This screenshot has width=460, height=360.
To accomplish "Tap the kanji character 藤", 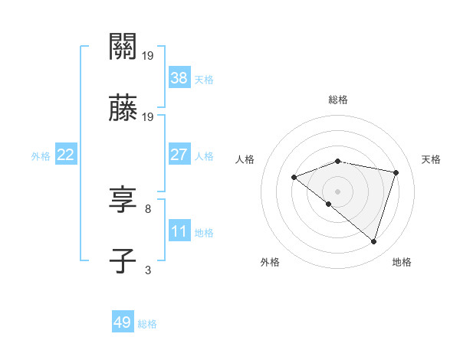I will tap(123, 109).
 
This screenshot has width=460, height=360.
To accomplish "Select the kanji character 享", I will tap(123, 201).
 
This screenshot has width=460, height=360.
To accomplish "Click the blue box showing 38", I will tap(179, 77).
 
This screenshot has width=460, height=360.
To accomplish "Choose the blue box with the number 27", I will tap(179, 155).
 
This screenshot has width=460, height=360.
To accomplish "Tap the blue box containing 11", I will tap(179, 231).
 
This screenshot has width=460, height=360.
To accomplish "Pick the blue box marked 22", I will tap(66, 155).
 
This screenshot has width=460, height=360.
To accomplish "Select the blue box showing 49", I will tap(123, 322).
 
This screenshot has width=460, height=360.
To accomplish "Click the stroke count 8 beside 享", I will tap(148, 208).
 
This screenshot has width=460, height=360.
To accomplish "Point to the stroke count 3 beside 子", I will tap(148, 270).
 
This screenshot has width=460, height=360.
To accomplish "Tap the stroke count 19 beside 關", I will tap(148, 55).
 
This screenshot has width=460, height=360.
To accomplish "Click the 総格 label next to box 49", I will tap(148, 324).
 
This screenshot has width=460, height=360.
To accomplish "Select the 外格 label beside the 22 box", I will tap(41, 155).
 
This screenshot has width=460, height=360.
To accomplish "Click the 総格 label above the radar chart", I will tap(338, 100).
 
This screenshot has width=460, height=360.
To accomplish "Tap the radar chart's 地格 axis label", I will tap(402, 262).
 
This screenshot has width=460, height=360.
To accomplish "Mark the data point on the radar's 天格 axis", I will tap(396, 172).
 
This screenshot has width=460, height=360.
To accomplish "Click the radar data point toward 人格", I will tap(294, 178).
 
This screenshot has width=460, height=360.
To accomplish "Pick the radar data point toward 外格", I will tap(329, 205).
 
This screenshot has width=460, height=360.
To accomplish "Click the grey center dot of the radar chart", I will tap(338, 191).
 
